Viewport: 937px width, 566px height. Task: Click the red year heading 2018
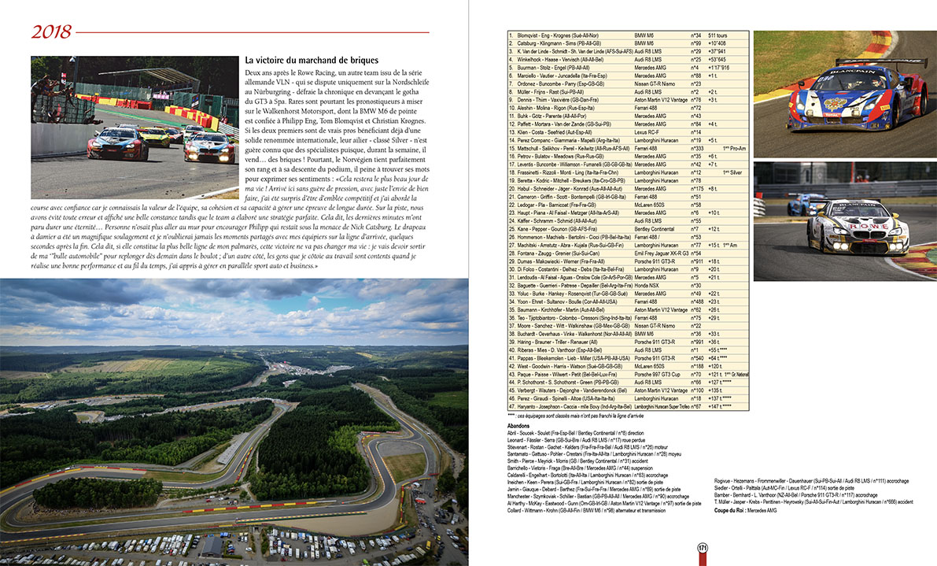pos(52,31)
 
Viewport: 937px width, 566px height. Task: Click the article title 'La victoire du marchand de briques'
pos(312,60)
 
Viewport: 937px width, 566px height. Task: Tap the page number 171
pos(702,549)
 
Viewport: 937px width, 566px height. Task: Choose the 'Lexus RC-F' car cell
pos(649,131)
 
